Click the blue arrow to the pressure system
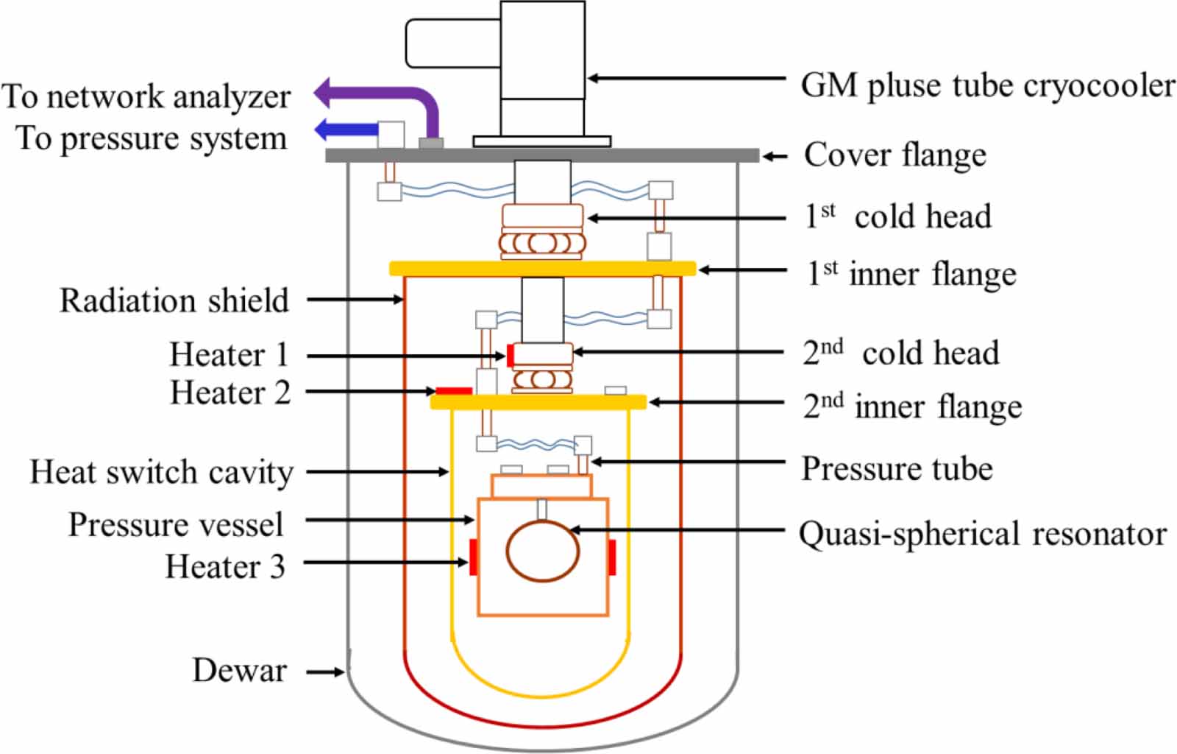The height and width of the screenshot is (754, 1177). coord(346,130)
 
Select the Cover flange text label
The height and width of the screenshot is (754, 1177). coord(895,155)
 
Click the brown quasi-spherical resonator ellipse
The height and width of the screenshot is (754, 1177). coord(542,552)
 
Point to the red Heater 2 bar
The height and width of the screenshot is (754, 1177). coord(454,390)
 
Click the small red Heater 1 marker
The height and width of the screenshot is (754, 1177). coord(510,355)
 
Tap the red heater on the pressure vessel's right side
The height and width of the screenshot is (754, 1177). coord(611,557)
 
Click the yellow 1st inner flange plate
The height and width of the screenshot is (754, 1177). coord(542,269)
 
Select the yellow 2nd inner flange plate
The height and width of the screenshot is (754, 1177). coord(538,402)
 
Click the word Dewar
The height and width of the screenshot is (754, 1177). coord(239,671)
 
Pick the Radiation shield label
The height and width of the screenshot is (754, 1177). coord(174,300)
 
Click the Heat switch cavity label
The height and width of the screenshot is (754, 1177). coord(161,472)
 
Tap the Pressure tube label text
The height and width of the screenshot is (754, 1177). coord(897,468)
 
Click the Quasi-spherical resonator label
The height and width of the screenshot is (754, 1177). coord(983,534)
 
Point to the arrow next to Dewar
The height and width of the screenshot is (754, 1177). coord(325,672)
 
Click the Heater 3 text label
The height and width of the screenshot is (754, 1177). coord(224,566)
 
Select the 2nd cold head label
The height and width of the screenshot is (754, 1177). coord(900,353)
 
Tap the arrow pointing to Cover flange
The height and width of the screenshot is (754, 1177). coord(774,156)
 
